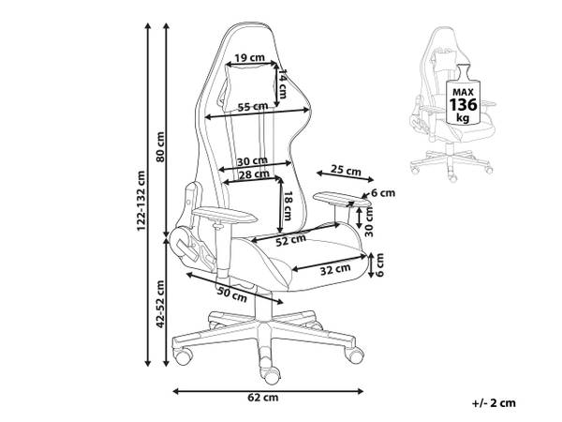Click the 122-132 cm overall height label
(141, 201)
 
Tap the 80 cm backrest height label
(160, 147)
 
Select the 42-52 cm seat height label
(160, 304)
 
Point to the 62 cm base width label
(262, 398)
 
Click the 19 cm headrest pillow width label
(250, 57)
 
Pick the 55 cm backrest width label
(253, 107)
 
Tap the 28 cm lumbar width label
(254, 174)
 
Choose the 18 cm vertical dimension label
(288, 205)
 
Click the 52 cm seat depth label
(290, 240)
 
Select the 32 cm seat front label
(335, 269)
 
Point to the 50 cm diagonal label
(232, 294)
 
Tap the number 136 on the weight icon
(464, 104)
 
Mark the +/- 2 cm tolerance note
(494, 403)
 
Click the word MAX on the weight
(463, 92)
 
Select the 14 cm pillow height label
(283, 84)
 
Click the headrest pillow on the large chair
(247, 84)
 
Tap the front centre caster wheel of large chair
(272, 375)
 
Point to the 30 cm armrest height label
(369, 221)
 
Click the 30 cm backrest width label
(252, 161)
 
